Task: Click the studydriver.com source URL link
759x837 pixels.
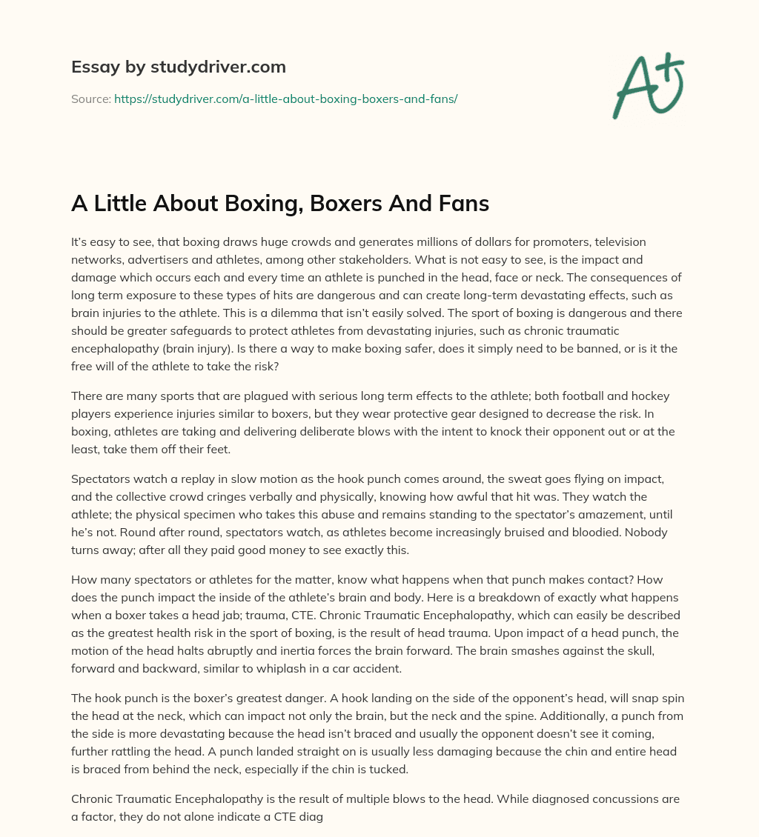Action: tap(285, 99)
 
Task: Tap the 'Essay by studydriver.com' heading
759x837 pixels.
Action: tap(178, 67)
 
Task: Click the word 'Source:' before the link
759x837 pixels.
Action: tap(91, 99)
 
